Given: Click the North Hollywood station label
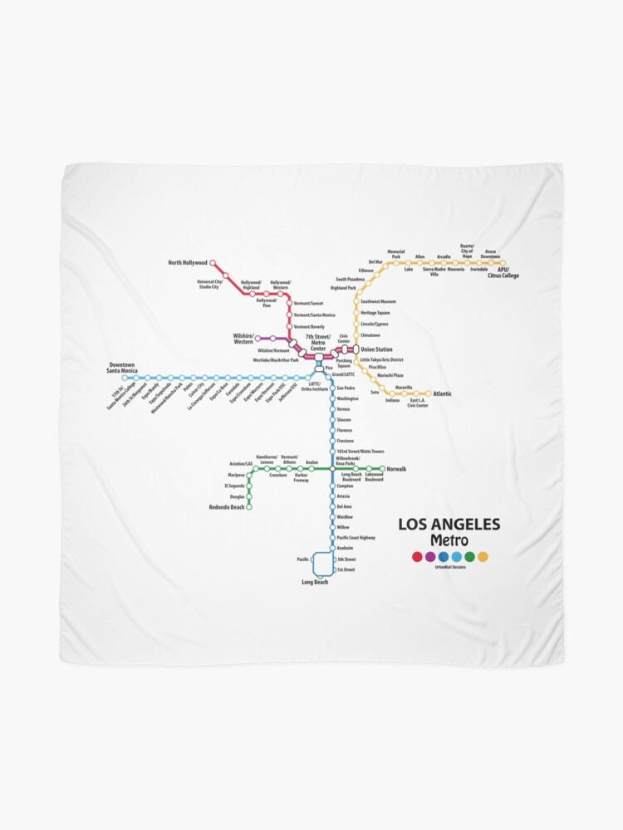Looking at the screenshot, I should click(187, 263).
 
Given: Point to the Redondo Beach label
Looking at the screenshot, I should click(227, 506).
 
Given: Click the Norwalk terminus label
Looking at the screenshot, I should click(396, 469).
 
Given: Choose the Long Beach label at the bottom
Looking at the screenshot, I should click(315, 582).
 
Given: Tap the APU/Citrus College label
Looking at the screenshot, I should click(503, 272).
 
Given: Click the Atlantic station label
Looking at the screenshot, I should click(442, 393).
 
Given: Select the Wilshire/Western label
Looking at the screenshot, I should click(243, 339).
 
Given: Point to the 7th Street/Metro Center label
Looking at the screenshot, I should click(318, 340).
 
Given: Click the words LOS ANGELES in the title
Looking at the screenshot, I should click(449, 525).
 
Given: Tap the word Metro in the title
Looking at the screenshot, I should click(449, 541).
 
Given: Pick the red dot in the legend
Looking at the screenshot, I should click(417, 557).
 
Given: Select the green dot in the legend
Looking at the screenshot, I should click(469, 557).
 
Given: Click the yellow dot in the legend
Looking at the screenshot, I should click(483, 557).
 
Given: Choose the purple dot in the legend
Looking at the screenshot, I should click(430, 557).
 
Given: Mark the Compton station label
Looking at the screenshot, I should click(345, 486).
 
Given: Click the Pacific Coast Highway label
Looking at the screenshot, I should click(356, 538).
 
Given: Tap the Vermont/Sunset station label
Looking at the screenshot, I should click(308, 304).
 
